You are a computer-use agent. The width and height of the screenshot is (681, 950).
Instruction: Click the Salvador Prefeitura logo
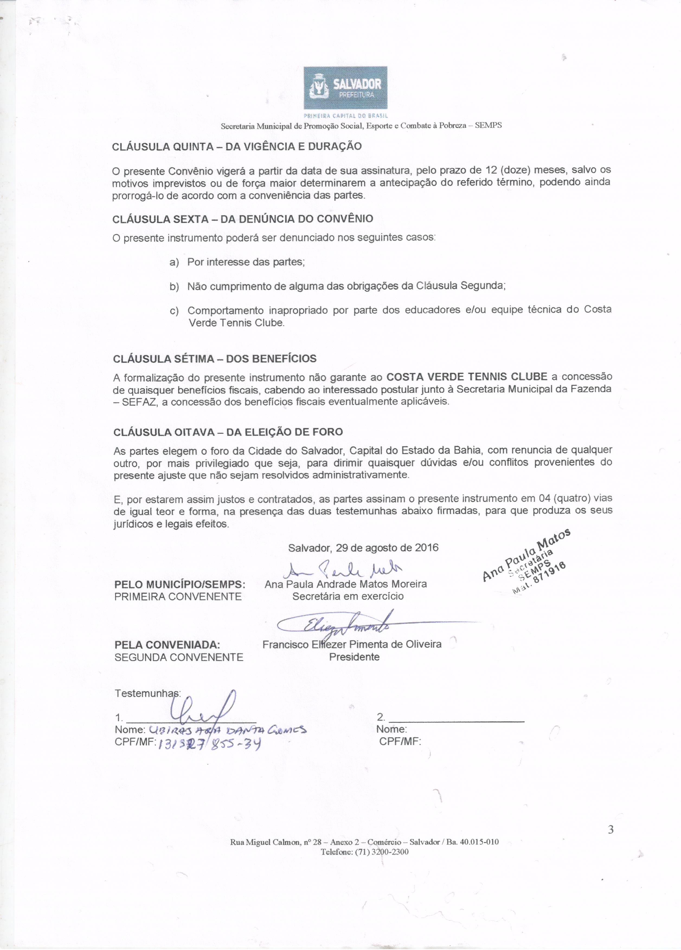(345, 88)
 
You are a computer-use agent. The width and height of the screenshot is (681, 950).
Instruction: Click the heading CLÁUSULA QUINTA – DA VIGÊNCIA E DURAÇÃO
(237, 147)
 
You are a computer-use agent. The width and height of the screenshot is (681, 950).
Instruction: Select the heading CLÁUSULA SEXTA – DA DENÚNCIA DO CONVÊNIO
(243, 219)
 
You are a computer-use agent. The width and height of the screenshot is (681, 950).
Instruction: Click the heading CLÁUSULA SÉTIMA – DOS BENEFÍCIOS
(214, 359)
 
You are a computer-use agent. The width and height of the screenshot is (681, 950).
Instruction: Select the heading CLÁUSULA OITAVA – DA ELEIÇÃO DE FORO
(228, 432)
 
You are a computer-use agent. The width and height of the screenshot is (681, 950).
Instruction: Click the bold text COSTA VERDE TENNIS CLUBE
(467, 376)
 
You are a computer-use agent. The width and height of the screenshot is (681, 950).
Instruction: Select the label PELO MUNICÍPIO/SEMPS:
(180, 584)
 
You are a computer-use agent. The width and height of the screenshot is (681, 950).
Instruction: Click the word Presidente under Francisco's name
(354, 657)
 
